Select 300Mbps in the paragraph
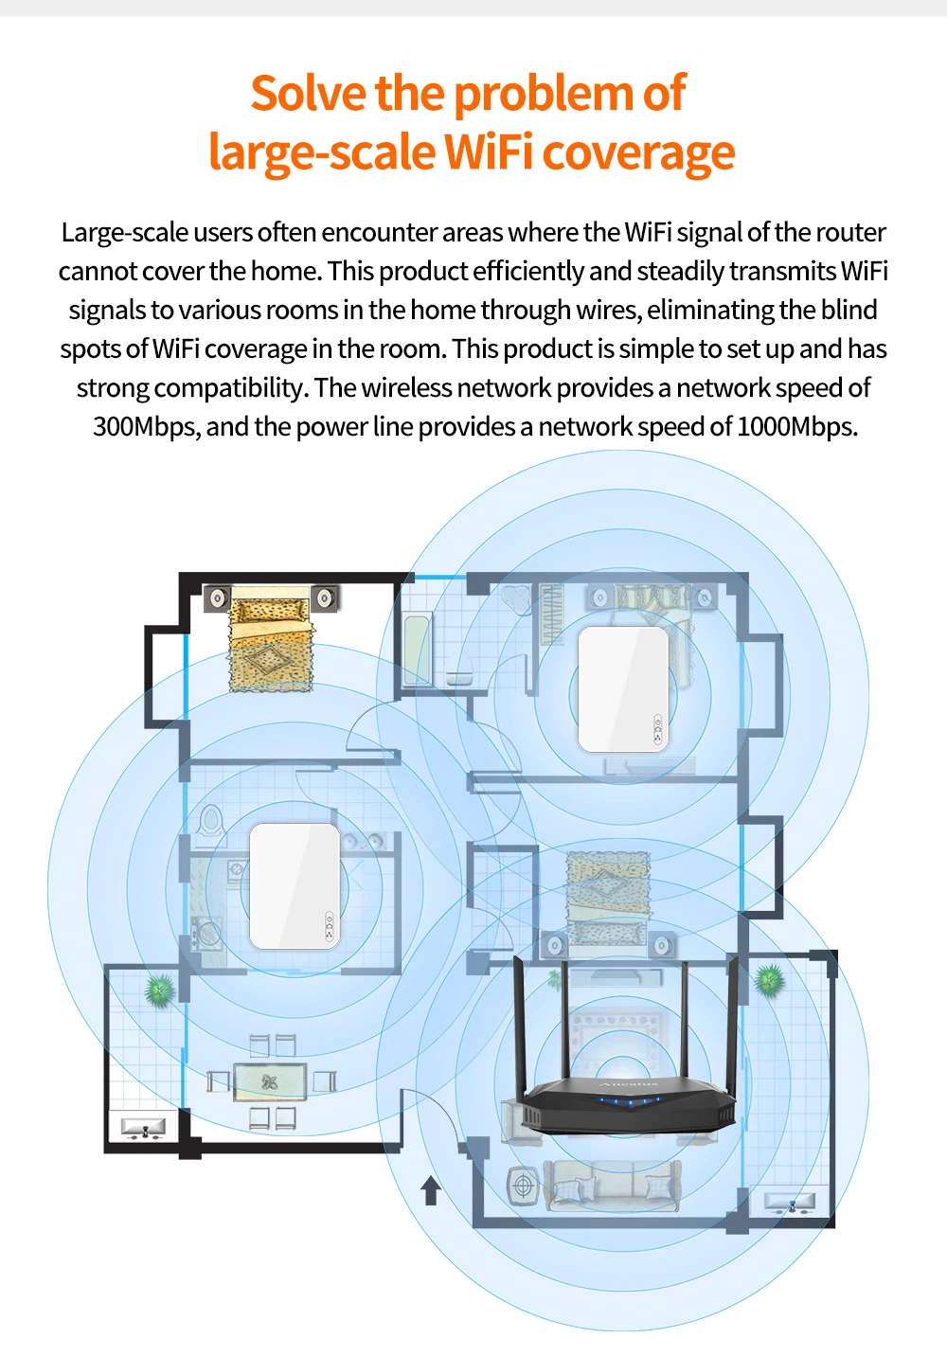click(145, 427)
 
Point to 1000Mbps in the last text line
click(796, 427)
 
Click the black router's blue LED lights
click(626, 1101)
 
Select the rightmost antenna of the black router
click(731, 1023)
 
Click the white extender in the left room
click(295, 886)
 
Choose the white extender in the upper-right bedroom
click(623, 688)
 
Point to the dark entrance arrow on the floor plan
click(432, 1190)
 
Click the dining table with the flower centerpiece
click(270, 1081)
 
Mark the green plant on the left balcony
click(159, 990)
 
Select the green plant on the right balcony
click(769, 979)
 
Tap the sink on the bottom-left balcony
click(142, 1128)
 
